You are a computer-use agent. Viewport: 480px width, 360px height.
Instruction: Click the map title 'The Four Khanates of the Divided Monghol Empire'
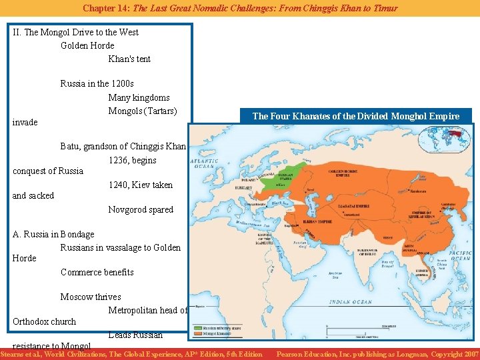355,116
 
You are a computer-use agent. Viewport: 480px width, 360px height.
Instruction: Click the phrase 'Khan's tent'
129,59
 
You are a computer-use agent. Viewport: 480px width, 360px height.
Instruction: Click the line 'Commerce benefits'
97,272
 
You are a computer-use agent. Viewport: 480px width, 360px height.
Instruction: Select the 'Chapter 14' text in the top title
105,8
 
